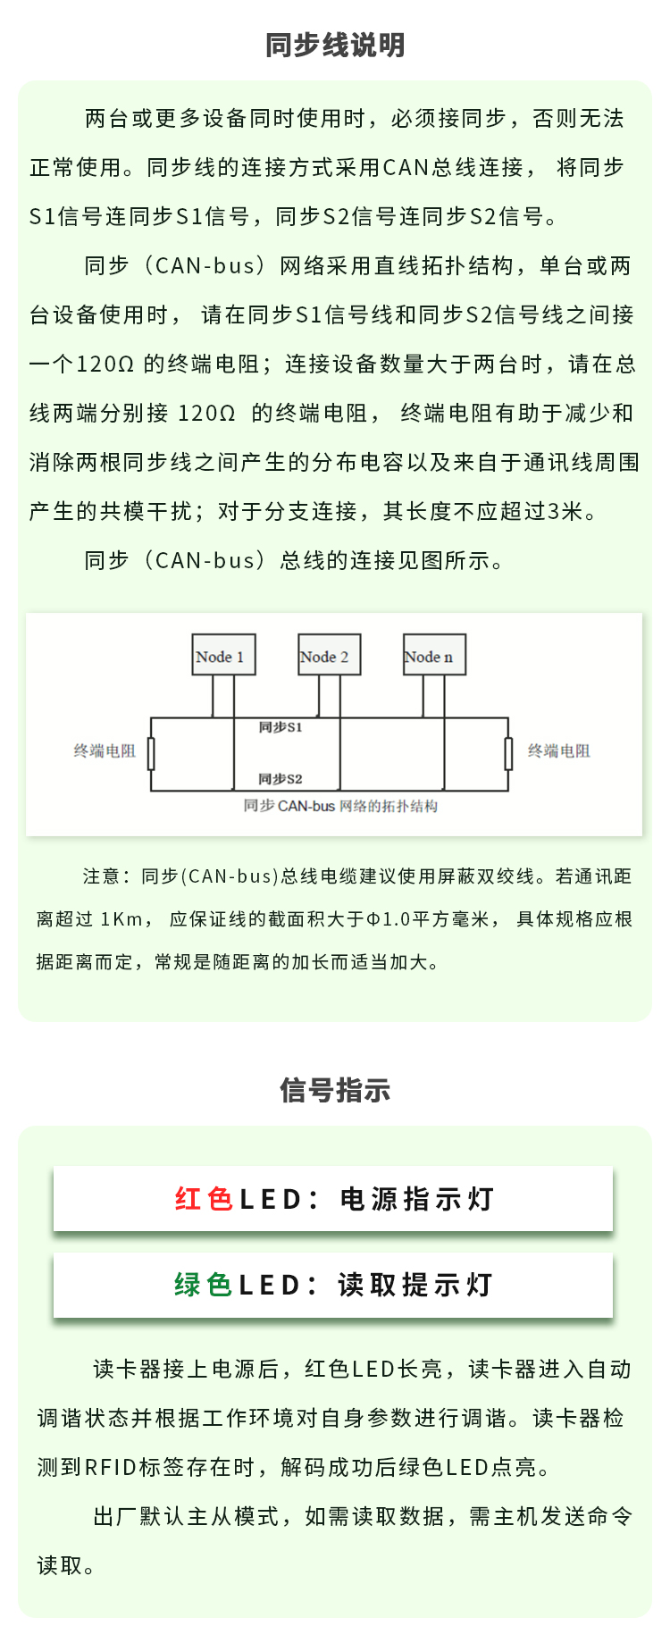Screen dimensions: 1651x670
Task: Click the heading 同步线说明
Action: click(x=335, y=45)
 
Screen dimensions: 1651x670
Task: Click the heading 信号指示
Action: click(x=335, y=1090)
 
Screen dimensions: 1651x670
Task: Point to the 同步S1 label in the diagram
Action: click(x=281, y=727)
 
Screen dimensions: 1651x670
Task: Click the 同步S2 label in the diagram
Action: click(x=281, y=778)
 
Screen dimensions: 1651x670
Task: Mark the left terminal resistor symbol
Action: click(x=151, y=754)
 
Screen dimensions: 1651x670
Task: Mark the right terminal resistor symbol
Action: click(x=508, y=754)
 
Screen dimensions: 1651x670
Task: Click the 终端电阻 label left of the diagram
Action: click(x=105, y=751)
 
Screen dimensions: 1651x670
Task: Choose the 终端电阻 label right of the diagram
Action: click(x=559, y=751)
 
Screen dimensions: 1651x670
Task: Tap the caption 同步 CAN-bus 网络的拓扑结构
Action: click(x=340, y=806)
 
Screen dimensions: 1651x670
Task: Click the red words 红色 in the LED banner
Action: click(x=204, y=1199)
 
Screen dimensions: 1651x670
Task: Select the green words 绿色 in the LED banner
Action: click(x=203, y=1285)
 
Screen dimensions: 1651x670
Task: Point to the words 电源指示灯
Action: click(x=417, y=1199)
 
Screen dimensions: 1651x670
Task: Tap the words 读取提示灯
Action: click(x=415, y=1285)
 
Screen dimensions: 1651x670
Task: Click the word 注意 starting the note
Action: click(x=101, y=876)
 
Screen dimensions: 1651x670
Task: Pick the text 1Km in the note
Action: click(x=121, y=919)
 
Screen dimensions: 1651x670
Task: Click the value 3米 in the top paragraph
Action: click(x=565, y=511)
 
